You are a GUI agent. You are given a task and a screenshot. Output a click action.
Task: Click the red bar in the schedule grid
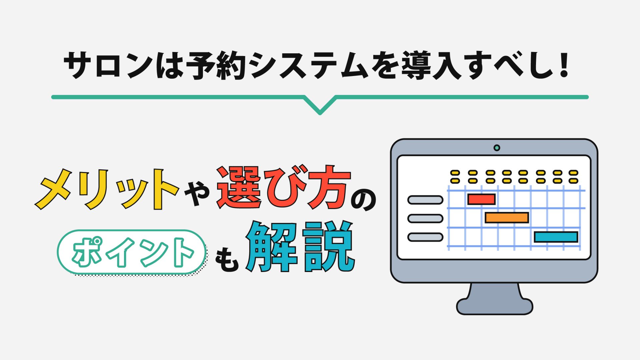[x=481, y=199]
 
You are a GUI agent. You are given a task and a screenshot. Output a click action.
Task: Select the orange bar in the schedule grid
[x=507, y=218]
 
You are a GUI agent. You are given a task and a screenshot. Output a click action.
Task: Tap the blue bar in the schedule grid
[x=556, y=237]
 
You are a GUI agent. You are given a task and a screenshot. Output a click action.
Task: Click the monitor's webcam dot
[x=497, y=148]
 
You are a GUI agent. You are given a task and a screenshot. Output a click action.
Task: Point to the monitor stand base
[x=495, y=306]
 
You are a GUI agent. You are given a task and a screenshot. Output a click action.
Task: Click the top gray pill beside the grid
[x=425, y=200]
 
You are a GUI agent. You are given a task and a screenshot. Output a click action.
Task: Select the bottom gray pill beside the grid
[x=425, y=237]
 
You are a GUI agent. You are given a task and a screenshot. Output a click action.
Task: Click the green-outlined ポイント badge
[x=131, y=252]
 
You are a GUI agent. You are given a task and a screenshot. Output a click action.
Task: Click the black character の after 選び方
[x=364, y=200]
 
